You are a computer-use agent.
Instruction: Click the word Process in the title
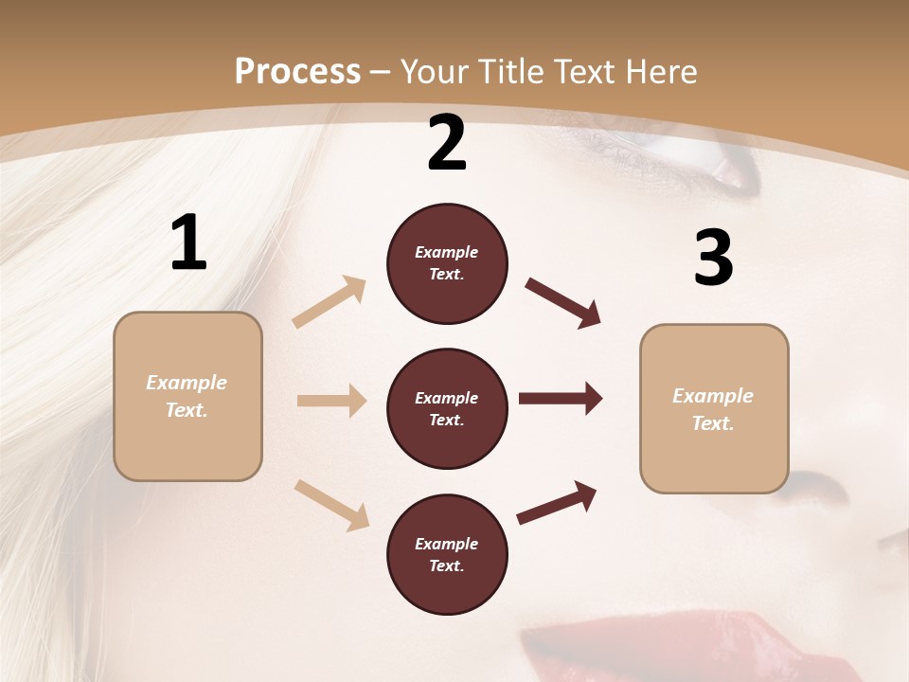click(297, 71)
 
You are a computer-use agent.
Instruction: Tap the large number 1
click(188, 243)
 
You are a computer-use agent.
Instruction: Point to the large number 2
click(447, 143)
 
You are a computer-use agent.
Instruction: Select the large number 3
click(713, 259)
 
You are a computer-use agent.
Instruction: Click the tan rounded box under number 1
click(187, 396)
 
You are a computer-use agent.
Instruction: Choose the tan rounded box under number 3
click(714, 408)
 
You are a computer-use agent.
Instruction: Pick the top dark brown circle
click(447, 263)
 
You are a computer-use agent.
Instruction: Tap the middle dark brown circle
click(447, 408)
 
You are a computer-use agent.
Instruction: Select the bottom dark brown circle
click(447, 554)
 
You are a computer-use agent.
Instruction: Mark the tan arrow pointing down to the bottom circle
click(332, 504)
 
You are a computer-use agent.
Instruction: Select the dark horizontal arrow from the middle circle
click(561, 399)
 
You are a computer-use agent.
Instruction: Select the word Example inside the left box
click(187, 383)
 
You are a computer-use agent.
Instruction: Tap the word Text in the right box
click(713, 423)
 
